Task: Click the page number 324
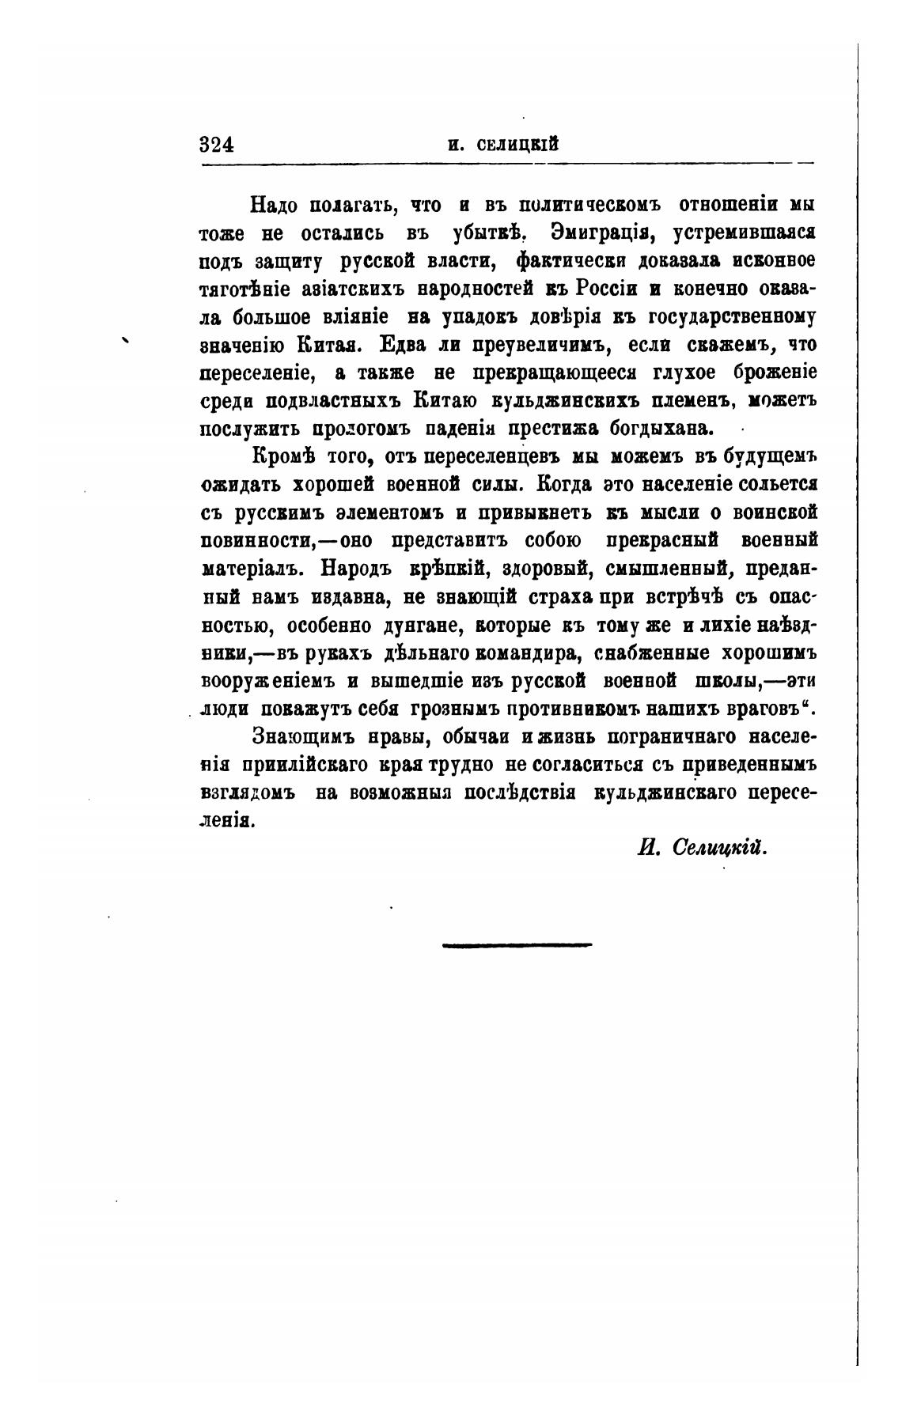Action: (217, 145)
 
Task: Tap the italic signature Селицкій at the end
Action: (719, 847)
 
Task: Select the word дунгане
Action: (417, 625)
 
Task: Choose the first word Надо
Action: (273, 206)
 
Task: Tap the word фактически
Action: (568, 261)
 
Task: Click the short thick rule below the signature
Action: (517, 944)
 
